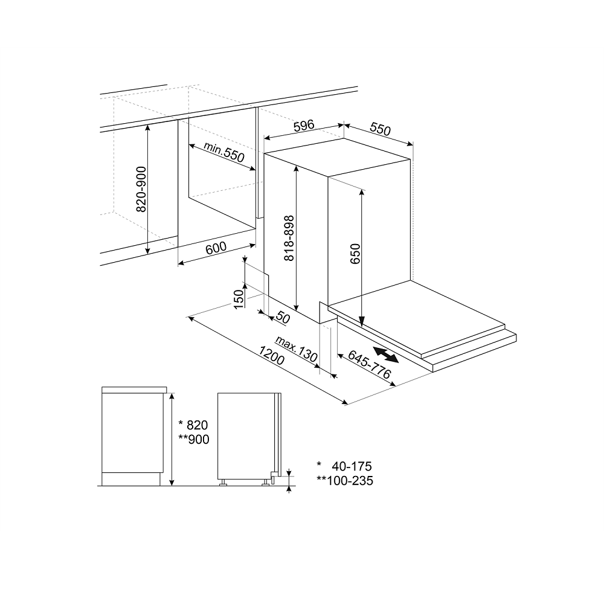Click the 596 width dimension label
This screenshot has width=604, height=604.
point(304,126)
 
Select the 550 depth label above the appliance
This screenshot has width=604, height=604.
point(380,129)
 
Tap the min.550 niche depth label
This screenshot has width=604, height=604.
point(224,152)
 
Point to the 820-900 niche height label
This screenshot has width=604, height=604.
point(142,189)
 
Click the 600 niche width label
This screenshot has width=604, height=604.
point(216,248)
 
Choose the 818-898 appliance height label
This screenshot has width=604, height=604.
point(289,238)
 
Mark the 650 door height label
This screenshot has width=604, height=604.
point(355,254)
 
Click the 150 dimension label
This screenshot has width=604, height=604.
point(239,299)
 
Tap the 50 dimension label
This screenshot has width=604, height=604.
point(283,318)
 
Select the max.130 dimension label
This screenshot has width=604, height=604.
point(296,349)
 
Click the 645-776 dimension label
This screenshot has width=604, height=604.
point(370,364)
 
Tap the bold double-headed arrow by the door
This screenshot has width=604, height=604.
point(386,354)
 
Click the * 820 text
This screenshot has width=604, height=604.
point(193,425)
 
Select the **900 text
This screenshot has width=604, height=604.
point(194,439)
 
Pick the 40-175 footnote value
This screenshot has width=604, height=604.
point(352,466)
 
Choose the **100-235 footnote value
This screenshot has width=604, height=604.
point(345,481)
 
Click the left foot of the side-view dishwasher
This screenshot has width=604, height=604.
point(223,483)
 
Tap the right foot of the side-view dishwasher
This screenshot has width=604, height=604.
point(265,483)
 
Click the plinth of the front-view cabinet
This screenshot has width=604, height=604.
point(131,480)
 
